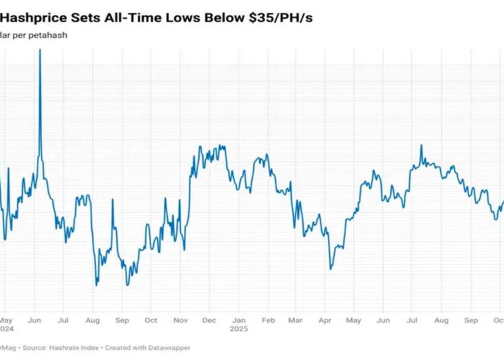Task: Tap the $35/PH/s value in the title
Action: point(276,18)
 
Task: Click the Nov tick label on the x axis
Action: point(181,320)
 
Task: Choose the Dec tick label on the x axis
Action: point(210,320)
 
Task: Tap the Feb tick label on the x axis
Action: point(268,320)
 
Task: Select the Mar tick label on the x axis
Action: point(296,320)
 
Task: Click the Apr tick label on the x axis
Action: point(325,320)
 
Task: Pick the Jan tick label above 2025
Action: point(239,320)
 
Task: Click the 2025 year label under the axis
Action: point(239,329)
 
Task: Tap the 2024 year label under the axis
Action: point(5,329)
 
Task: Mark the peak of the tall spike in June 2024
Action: point(40,51)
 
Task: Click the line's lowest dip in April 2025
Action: point(331,269)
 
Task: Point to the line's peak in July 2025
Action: point(421,145)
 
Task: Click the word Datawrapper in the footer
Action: point(167,347)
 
